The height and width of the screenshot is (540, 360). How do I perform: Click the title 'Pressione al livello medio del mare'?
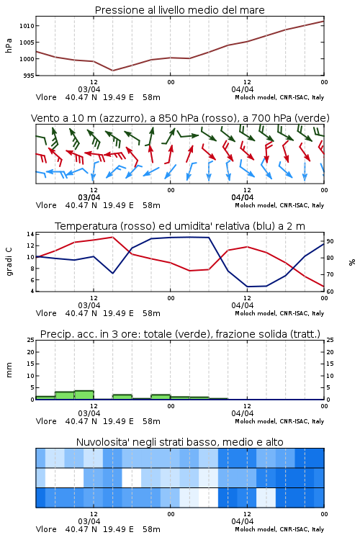tap(179, 10)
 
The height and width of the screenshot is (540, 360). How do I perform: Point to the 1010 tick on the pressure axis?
tap(27, 26)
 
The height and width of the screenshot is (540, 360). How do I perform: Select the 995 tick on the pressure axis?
tap(29, 76)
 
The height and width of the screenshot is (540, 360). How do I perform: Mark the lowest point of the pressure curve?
tap(112, 71)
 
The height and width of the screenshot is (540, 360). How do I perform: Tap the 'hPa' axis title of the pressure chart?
tap(9, 45)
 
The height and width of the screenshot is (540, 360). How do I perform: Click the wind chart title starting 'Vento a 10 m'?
tap(180, 118)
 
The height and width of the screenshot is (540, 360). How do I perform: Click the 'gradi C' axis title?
tap(9, 262)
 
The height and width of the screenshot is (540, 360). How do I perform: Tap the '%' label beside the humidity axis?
tap(352, 262)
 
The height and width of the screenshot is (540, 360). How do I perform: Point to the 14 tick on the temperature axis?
tap(30, 234)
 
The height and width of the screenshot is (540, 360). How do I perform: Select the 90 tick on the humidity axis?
tap(330, 241)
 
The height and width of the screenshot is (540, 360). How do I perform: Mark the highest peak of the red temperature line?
tap(112, 237)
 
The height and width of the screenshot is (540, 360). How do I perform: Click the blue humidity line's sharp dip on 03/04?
tap(112, 274)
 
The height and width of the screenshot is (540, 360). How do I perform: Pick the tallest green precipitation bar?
tap(84, 395)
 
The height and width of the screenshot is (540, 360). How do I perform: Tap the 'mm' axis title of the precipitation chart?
tap(9, 370)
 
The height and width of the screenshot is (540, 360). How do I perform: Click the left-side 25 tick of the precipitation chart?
tap(31, 340)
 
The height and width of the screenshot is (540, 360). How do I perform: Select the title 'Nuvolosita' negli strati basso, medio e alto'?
tap(179, 442)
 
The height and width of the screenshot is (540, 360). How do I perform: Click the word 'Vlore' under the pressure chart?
tap(46, 97)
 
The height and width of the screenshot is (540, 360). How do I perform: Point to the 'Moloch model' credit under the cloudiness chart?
tap(256, 529)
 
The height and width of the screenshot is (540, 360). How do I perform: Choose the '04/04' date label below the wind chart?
tap(243, 197)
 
